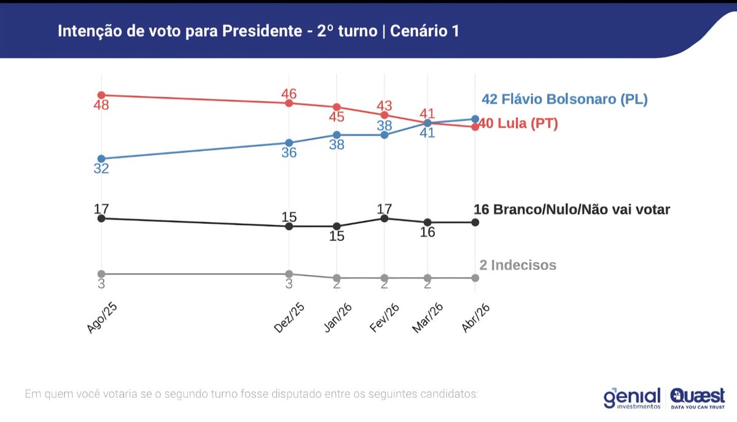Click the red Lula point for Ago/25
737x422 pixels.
click(x=101, y=95)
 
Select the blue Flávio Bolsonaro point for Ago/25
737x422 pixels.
click(x=101, y=159)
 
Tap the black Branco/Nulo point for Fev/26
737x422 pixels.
click(x=384, y=218)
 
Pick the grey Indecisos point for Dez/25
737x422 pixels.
click(x=289, y=274)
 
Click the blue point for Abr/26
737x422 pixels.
click(x=475, y=119)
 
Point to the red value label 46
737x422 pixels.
click(x=289, y=94)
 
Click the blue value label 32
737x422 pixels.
click(x=101, y=169)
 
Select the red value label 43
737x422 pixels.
click(x=384, y=105)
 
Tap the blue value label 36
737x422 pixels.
click(x=289, y=153)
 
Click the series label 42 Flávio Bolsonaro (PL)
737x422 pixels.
click(x=564, y=99)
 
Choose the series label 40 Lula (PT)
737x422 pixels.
click(x=518, y=124)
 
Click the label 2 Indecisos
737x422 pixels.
click(x=518, y=265)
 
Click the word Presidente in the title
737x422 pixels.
click(x=260, y=31)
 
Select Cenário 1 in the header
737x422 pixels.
click(x=424, y=31)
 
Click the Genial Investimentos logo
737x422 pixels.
click(x=632, y=397)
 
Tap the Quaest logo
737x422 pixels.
click(x=697, y=397)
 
